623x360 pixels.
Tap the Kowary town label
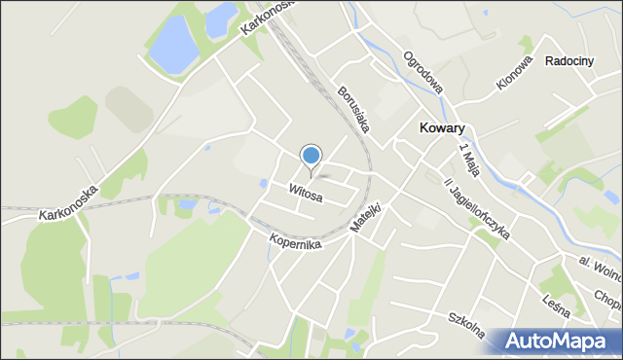[441, 127]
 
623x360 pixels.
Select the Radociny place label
[569, 60]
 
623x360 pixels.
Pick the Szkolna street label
[467, 327]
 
